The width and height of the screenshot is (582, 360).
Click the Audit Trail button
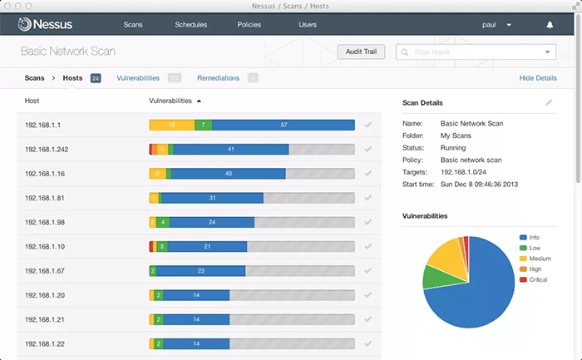click(361, 52)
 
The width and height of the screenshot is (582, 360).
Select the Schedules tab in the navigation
click(191, 25)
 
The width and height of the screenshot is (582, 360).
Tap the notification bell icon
click(550, 25)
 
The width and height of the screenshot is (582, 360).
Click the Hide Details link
click(538, 78)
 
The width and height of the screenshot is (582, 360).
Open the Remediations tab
click(218, 78)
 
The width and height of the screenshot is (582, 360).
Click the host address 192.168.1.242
click(47, 149)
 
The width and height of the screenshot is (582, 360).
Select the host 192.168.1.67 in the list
click(45, 270)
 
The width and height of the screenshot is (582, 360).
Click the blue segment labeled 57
click(284, 125)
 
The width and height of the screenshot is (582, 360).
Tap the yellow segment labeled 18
click(170, 125)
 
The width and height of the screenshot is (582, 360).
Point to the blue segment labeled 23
click(201, 270)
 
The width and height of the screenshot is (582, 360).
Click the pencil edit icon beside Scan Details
click(549, 102)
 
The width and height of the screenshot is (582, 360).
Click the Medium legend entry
click(541, 258)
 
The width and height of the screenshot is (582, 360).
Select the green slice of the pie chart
click(435, 276)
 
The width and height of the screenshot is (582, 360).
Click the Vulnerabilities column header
click(170, 101)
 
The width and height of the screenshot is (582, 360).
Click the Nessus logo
click(50, 25)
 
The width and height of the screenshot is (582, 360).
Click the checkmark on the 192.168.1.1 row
click(367, 125)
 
